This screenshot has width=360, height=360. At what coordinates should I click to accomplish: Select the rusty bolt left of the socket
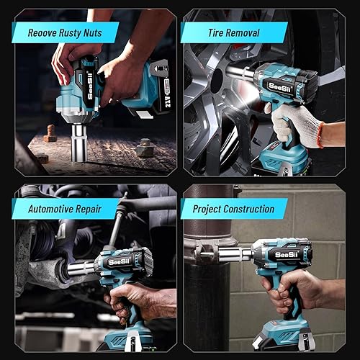[50, 134]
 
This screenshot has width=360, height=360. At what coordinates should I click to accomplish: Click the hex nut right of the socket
[145, 148]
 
